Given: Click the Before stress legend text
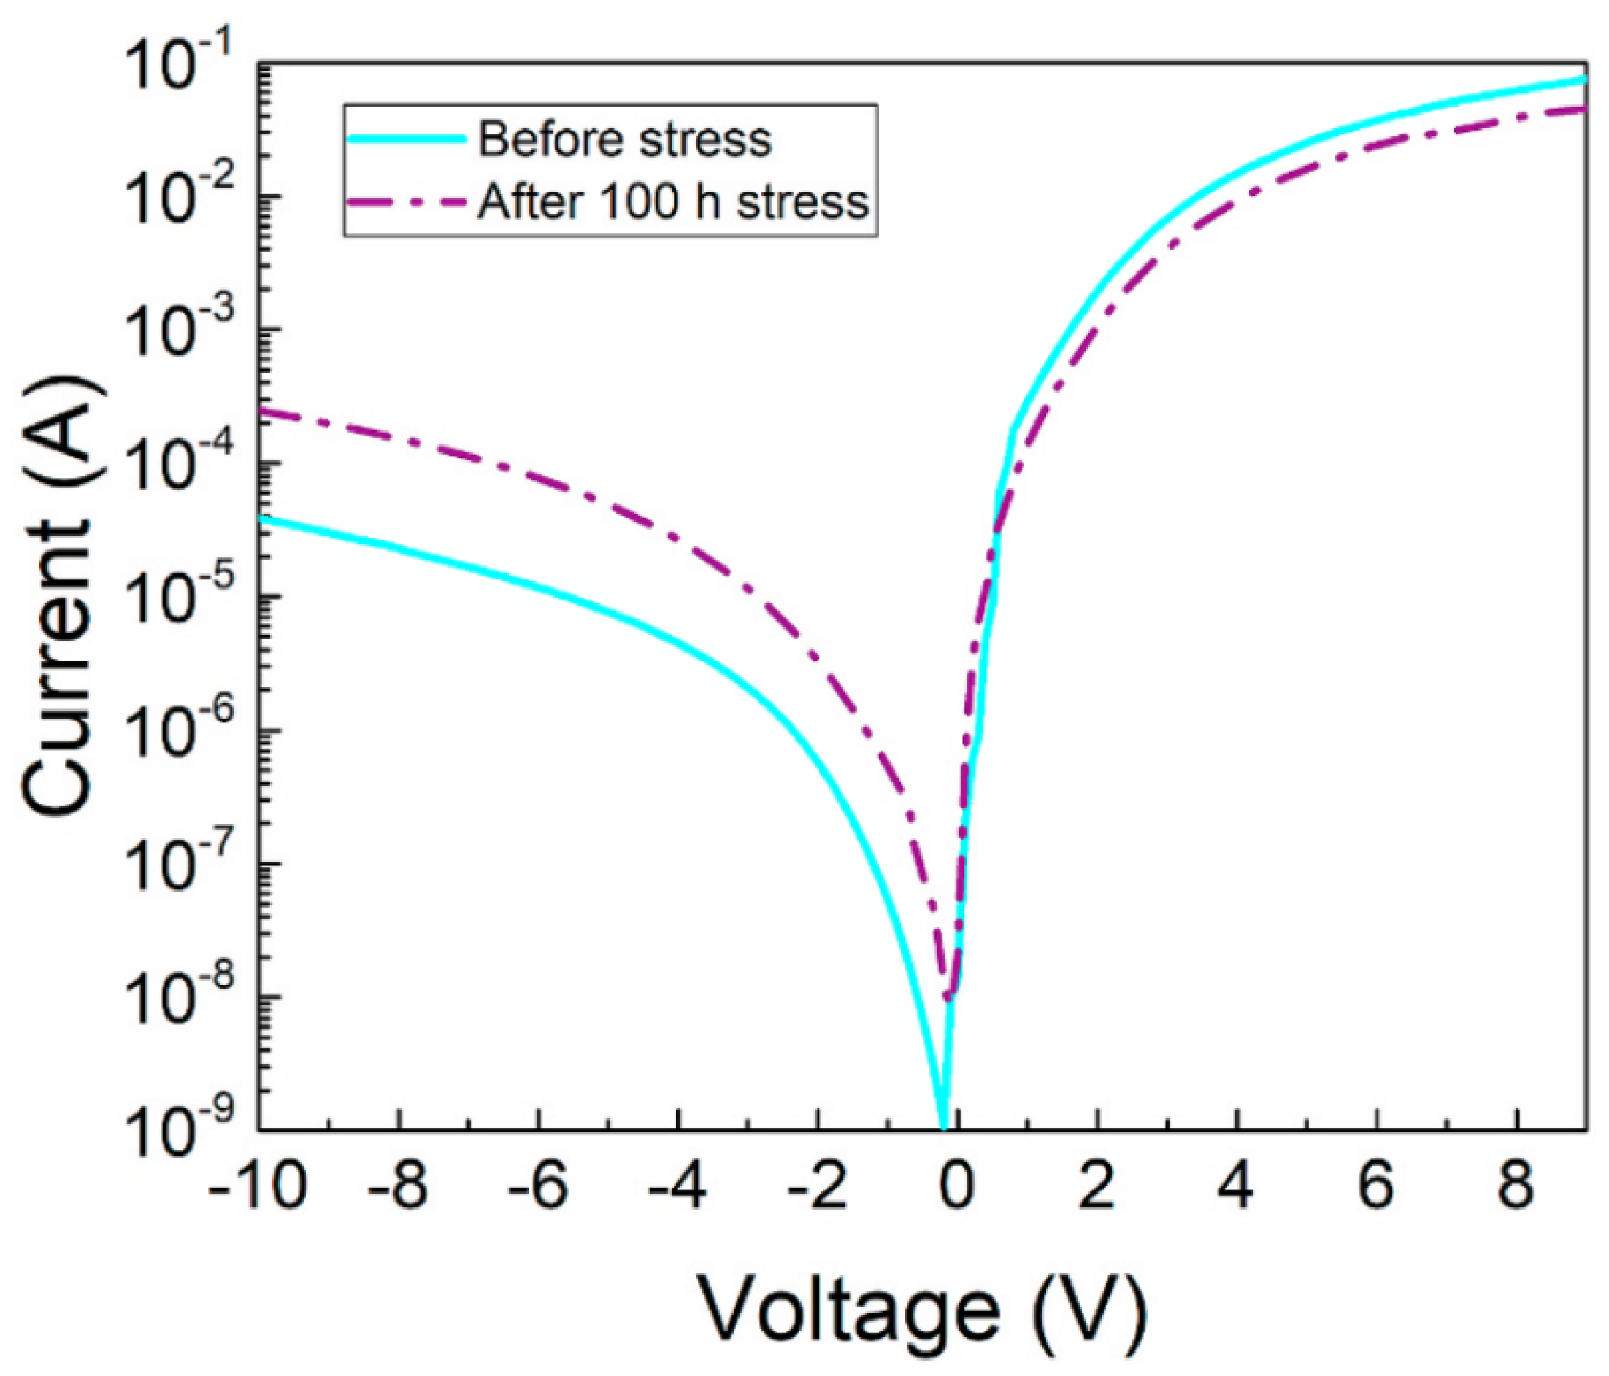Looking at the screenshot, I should coord(624,141).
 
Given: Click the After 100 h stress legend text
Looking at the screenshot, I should coord(672,202).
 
